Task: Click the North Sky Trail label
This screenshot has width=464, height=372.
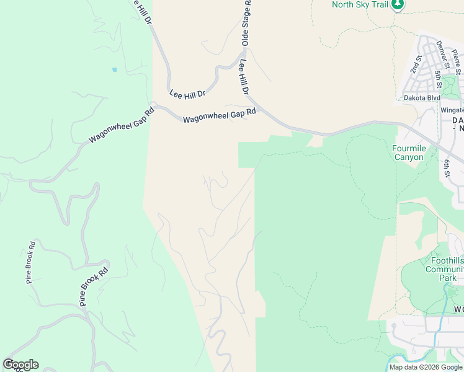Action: pos(360,5)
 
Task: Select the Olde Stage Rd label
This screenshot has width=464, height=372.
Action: pos(246,22)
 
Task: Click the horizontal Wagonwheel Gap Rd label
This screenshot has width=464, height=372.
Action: pos(220,115)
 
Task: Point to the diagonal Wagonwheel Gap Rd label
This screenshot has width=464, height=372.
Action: pos(121,127)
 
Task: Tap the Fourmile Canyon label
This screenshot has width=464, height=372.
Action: pos(409,153)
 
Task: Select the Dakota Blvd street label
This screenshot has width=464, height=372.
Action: pos(422,98)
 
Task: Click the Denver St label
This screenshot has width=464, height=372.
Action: pos(443,54)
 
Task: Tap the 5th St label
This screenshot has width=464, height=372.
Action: pos(438,79)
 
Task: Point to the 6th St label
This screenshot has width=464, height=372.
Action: pos(447,167)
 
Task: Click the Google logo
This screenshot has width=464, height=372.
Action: pos(20,365)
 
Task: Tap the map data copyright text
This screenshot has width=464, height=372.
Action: pos(426,367)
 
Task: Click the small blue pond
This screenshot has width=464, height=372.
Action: pos(114,69)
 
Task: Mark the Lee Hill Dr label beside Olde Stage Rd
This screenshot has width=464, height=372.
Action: pos(243,78)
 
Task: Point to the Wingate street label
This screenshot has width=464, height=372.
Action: pos(452,110)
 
